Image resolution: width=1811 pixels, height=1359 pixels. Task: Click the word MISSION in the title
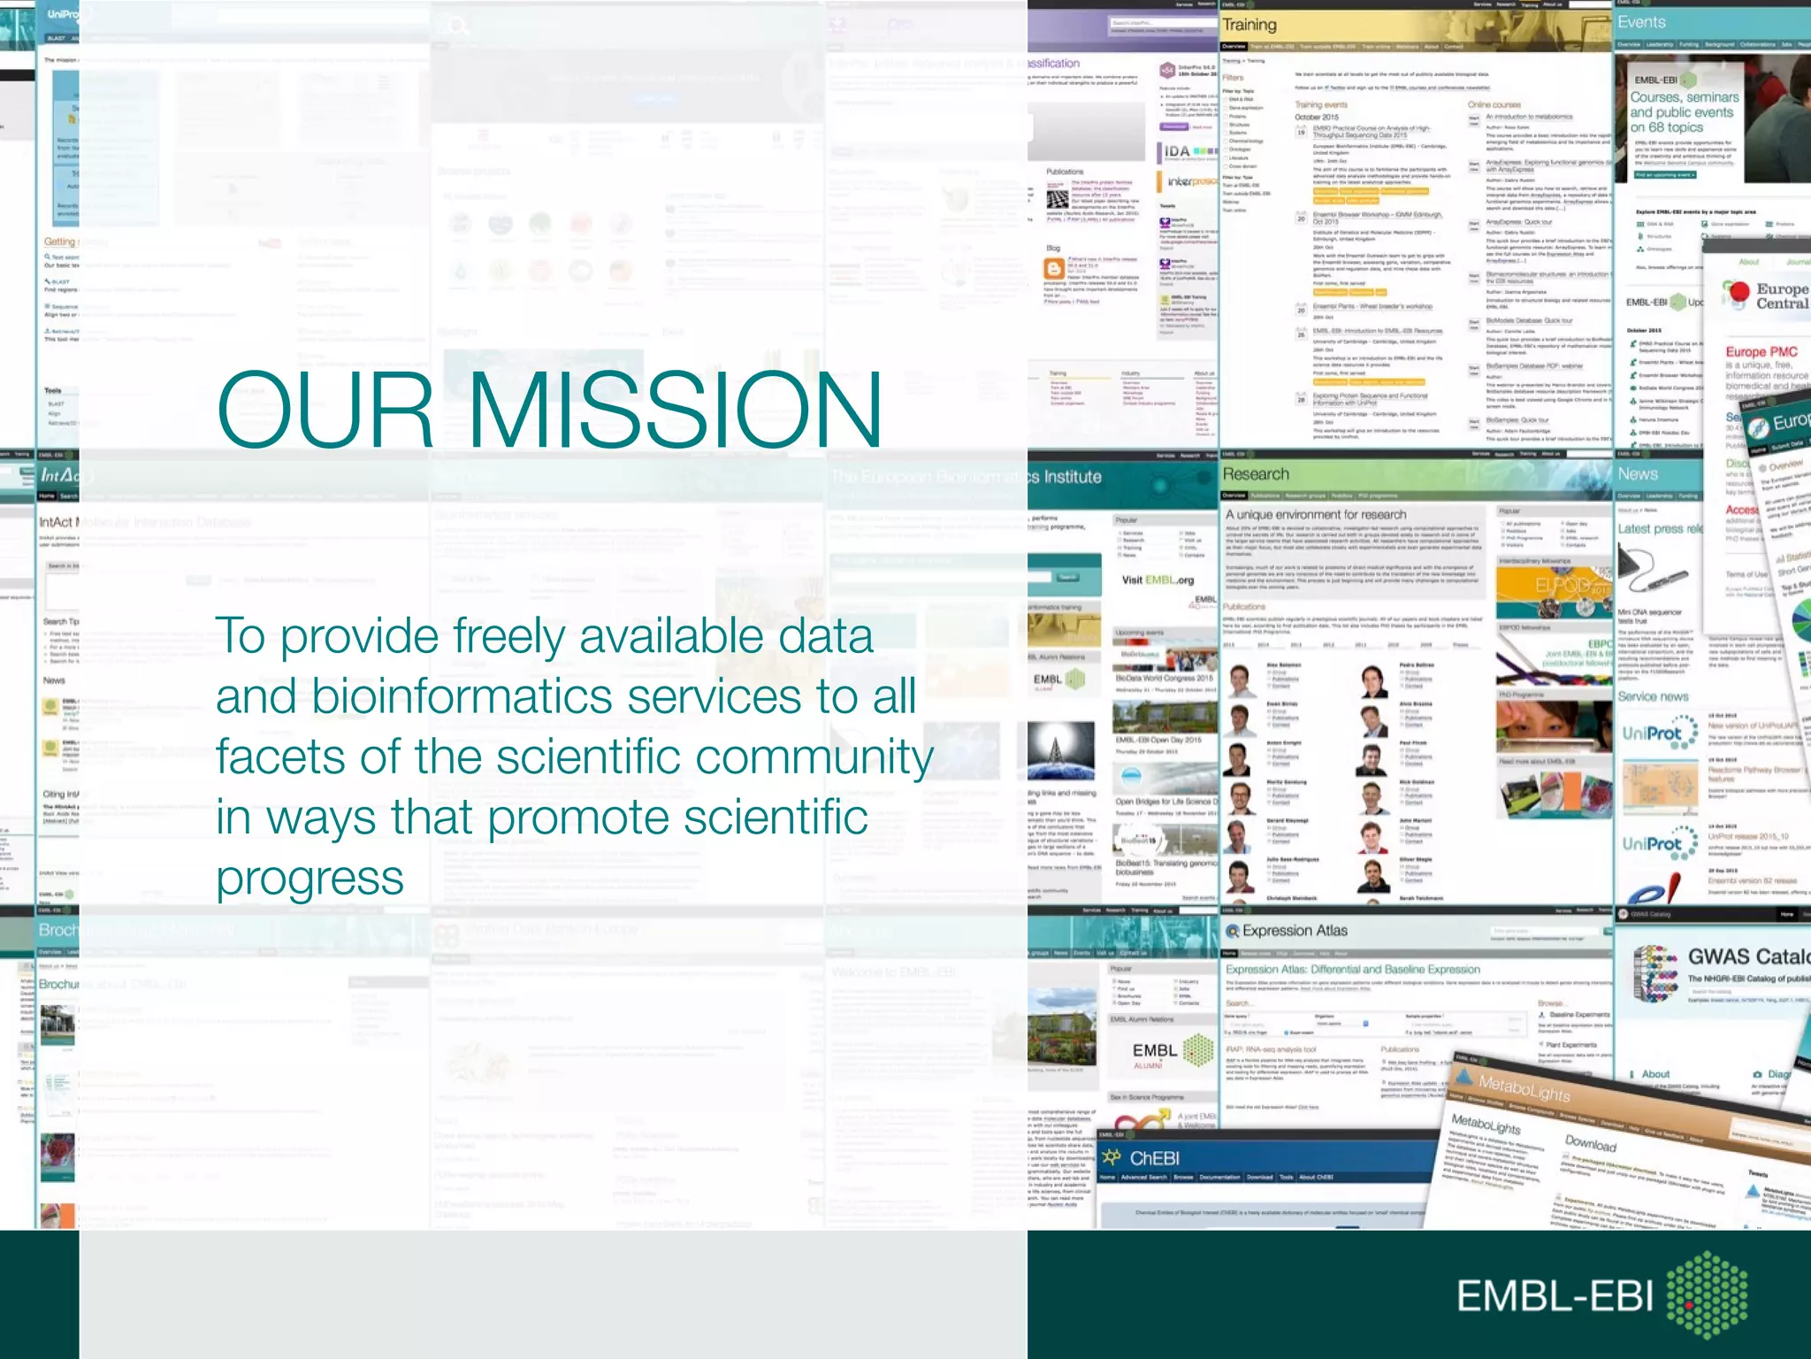tap(676, 410)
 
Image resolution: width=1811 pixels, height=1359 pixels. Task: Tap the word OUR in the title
tap(325, 410)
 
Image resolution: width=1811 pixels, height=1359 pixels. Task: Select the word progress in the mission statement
tap(309, 879)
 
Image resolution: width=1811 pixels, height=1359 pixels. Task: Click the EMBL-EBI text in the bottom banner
tap(1555, 1296)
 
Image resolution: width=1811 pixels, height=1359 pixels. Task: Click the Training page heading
tap(1249, 26)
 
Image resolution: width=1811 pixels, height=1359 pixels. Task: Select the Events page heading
tap(1641, 23)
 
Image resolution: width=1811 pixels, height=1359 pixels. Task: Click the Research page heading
tap(1256, 474)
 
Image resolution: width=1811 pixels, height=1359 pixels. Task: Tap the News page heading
tap(1638, 474)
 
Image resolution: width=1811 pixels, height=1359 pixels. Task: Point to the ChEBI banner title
tap(1154, 1158)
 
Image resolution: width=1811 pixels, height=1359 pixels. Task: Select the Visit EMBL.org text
tap(1158, 580)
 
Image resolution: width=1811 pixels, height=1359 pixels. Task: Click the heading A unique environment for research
tap(1315, 515)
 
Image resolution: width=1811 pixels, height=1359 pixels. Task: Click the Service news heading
tap(1653, 697)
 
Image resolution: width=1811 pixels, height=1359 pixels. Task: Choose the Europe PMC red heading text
tap(1761, 352)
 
